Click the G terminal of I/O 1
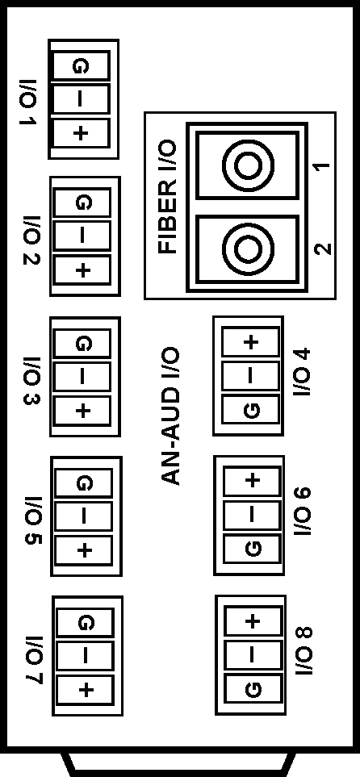click(x=81, y=65)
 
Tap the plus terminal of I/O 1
click(x=82, y=133)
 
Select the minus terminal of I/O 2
click(x=82, y=236)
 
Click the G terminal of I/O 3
click(x=82, y=342)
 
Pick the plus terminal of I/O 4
click(x=251, y=341)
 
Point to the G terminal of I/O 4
click(x=251, y=410)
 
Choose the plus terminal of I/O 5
click(x=84, y=550)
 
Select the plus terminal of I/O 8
click(x=253, y=620)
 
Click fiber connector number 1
click(x=248, y=165)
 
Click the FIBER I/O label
click(x=167, y=197)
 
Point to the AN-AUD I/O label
click(x=170, y=416)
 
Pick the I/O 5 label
click(x=33, y=520)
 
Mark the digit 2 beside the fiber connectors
click(x=323, y=249)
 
